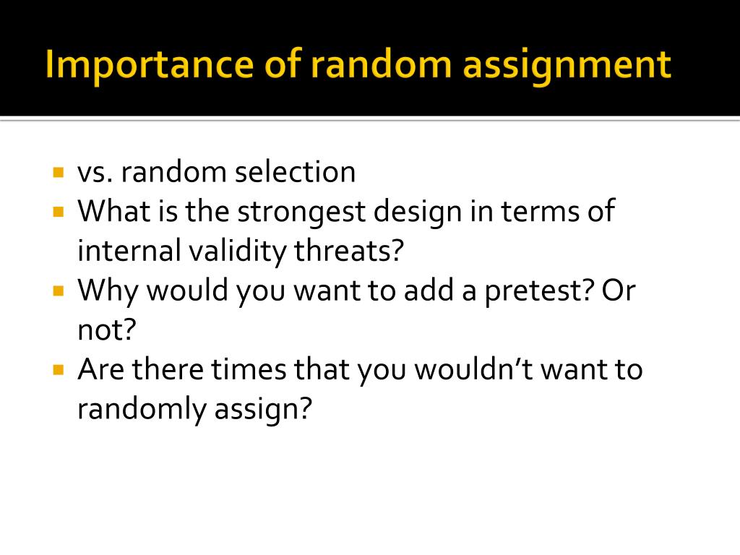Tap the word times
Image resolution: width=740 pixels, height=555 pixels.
pos(249,370)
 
